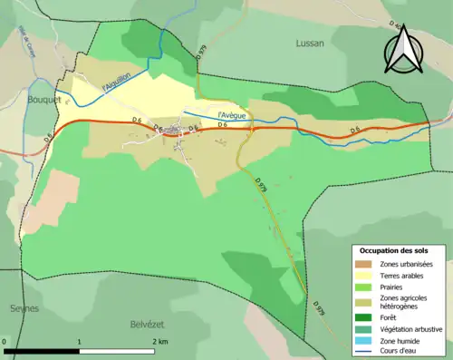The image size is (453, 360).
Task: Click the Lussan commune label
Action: [310, 43]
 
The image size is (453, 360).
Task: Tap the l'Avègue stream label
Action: [233, 115]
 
